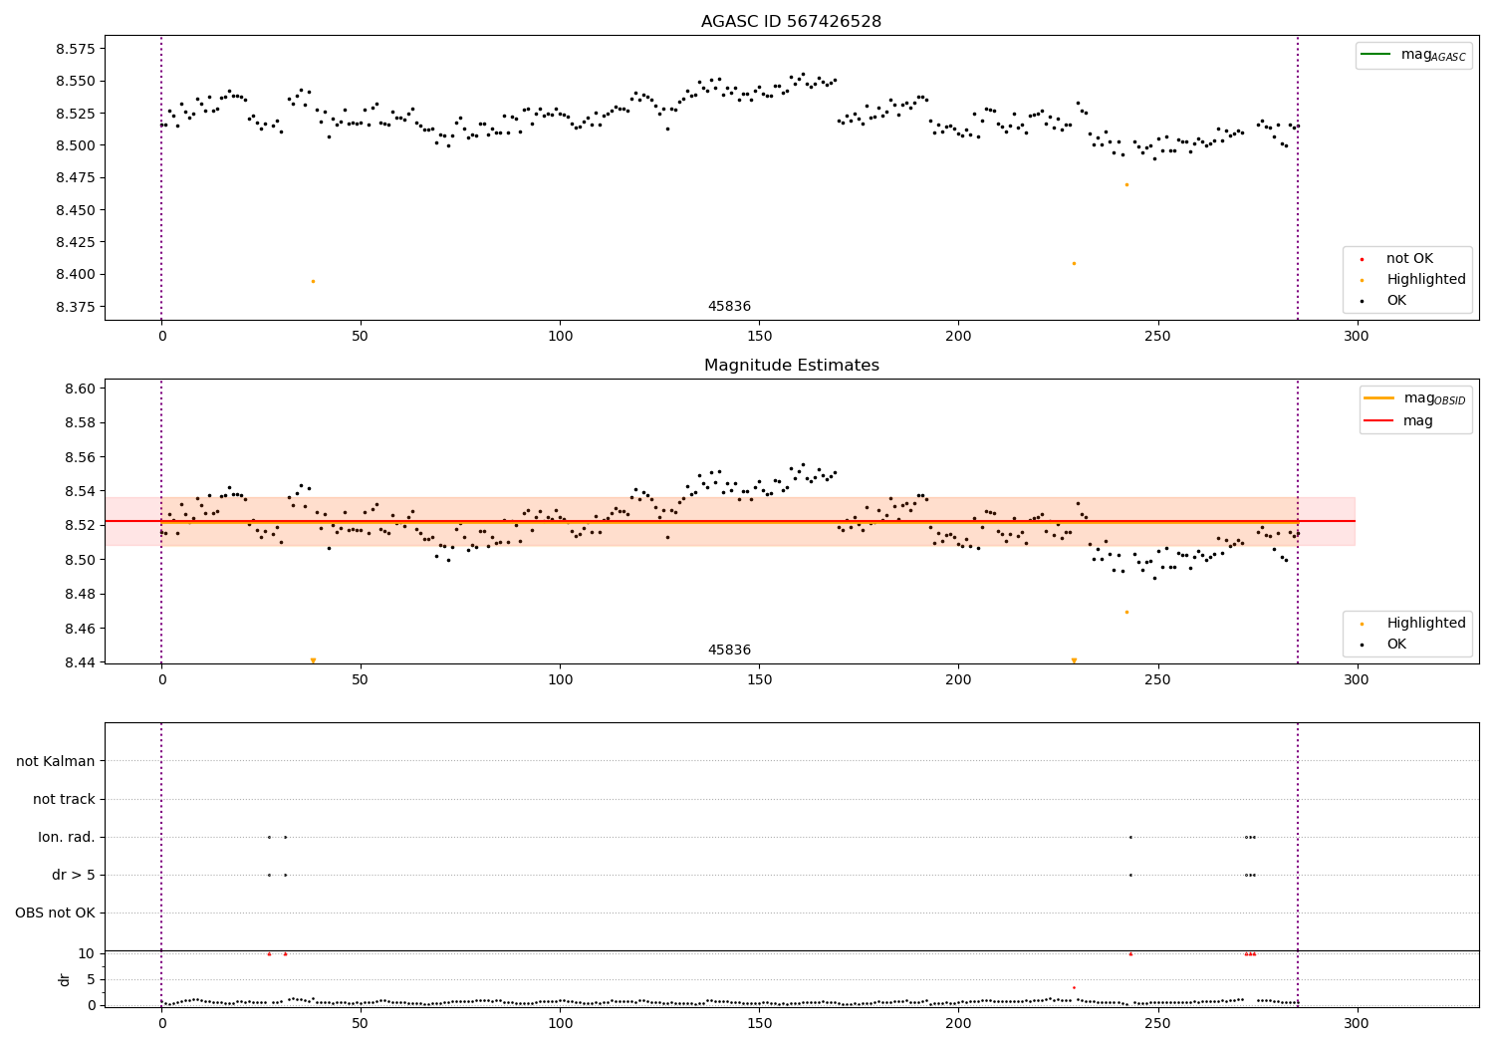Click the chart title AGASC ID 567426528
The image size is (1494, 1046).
(791, 22)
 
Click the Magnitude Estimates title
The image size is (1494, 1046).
(791, 366)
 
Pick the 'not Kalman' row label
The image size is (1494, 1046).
(56, 761)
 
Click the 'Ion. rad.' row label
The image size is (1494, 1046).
(67, 837)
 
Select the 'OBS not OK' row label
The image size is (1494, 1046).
(55, 913)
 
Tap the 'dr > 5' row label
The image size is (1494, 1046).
(74, 875)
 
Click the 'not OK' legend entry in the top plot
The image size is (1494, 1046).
(1409, 259)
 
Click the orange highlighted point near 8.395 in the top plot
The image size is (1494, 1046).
(313, 281)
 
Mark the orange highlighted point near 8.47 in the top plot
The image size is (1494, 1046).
(1126, 184)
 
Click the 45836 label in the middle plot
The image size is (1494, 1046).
(729, 651)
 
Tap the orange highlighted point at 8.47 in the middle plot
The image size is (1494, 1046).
(1126, 612)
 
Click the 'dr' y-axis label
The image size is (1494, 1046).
(65, 979)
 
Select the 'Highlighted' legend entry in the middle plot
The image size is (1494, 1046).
(1425, 624)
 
